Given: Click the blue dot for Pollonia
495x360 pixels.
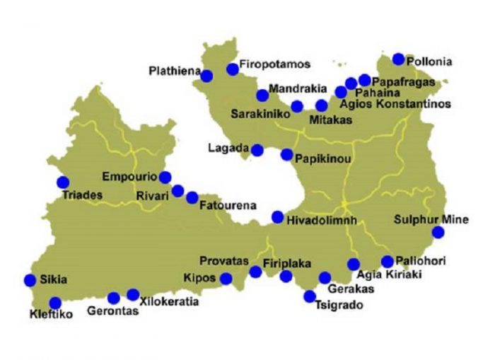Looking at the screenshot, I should [x=399, y=59].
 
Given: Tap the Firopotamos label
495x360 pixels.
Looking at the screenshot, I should [x=275, y=65].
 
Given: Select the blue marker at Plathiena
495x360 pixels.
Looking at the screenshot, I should [x=207, y=76].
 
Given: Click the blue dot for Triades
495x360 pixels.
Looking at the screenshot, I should [x=63, y=182].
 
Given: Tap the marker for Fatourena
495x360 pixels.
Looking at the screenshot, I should [x=192, y=197].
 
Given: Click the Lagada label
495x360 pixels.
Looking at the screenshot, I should [x=228, y=149].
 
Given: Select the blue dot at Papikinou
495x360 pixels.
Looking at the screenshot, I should [x=286, y=154].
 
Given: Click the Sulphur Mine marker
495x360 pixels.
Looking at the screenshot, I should [x=438, y=232].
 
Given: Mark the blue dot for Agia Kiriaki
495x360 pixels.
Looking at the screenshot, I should [x=354, y=265].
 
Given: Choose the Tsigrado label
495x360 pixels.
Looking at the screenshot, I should [x=338, y=306].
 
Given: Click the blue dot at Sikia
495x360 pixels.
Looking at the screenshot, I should [x=30, y=280].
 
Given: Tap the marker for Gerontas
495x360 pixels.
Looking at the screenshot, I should [x=113, y=298].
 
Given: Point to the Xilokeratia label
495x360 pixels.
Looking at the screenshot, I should [x=169, y=302].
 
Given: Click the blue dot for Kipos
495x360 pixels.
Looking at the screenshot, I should [x=226, y=278].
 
